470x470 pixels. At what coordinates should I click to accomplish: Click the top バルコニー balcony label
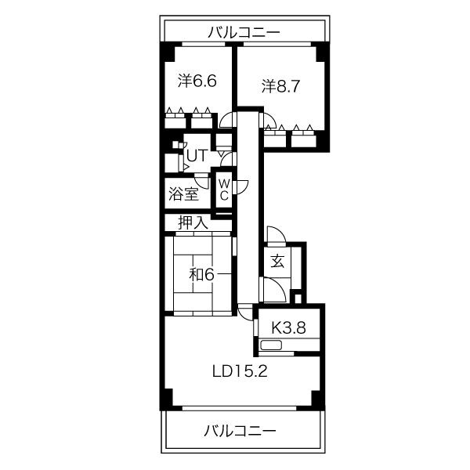pyautogui.click(x=244, y=32)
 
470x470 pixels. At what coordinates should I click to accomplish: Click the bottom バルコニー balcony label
pyautogui.click(x=240, y=431)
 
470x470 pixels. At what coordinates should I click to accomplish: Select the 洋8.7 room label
pyautogui.click(x=280, y=85)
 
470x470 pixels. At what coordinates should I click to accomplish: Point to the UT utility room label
pyautogui.click(x=196, y=155)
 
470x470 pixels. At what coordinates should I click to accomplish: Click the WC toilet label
pyautogui.click(x=223, y=189)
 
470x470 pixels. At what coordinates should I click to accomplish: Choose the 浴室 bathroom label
pyautogui.click(x=183, y=193)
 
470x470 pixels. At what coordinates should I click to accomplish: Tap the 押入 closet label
pyautogui.click(x=192, y=222)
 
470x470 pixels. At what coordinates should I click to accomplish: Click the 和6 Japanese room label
pyautogui.click(x=201, y=274)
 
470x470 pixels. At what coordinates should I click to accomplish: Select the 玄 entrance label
pyautogui.click(x=277, y=262)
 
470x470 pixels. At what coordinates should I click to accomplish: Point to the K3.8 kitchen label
pyautogui.click(x=287, y=327)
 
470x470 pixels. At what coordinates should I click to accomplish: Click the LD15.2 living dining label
pyautogui.click(x=240, y=371)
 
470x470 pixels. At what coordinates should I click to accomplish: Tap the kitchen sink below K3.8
pyautogui.click(x=272, y=345)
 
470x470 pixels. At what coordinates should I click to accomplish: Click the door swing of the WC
pyautogui.click(x=241, y=186)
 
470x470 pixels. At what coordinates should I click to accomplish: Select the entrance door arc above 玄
pyautogui.click(x=275, y=236)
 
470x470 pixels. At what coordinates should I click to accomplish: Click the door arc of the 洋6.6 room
pyautogui.click(x=227, y=119)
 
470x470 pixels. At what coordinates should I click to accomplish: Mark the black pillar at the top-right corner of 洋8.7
pyautogui.click(x=322, y=52)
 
